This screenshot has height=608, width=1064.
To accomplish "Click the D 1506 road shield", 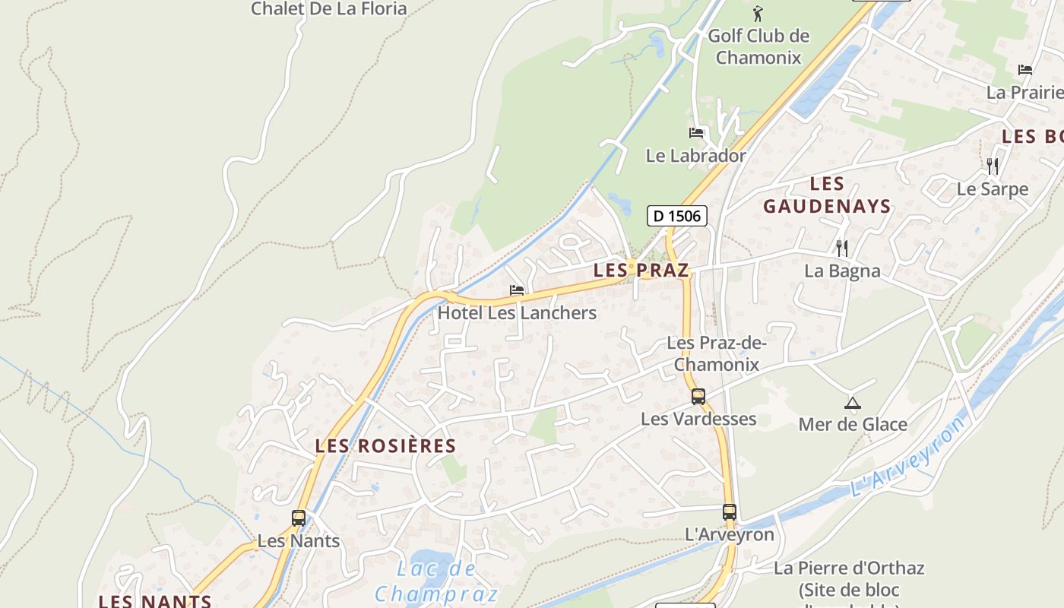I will coord(677,216).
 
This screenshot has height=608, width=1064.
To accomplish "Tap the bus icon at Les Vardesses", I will coord(698,396).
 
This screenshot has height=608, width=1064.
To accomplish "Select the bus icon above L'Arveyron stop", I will coord(729,511).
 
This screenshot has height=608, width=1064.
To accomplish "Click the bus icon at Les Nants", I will coord(299,518).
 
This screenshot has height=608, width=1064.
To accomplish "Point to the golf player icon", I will coord(757,13).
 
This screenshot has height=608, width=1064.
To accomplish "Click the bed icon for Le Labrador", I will coord(696,133).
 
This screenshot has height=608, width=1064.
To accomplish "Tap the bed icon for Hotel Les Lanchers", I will coord(517,290).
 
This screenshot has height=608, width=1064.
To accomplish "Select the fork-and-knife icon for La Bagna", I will coord(841,248).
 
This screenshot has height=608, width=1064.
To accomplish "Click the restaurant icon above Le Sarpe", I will coord(992,166).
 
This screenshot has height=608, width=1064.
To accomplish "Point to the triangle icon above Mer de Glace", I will coord(852,403).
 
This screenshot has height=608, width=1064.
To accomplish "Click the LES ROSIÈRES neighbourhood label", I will coord(385,446).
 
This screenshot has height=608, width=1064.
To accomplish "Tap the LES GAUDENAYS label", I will coord(827,195).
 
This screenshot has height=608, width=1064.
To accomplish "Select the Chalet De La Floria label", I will coord(329,9).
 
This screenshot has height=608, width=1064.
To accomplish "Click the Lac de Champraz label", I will coord(436,581).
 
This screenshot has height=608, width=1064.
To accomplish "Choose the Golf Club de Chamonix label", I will coord(758,46).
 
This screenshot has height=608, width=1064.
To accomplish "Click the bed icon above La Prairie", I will coord(1024,70).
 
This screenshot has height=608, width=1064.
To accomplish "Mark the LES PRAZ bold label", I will coord(641,270).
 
